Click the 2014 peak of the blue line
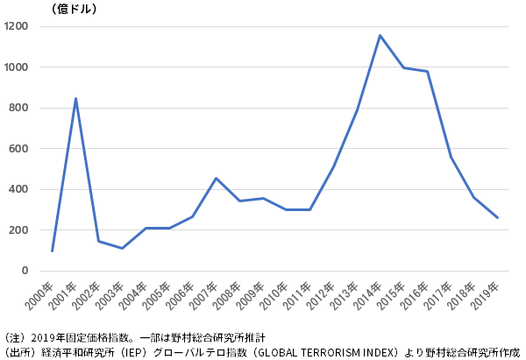(x=380, y=35)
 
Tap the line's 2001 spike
(x=75, y=98)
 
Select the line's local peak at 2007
(x=216, y=178)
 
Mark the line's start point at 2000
(x=53, y=251)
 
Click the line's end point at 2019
(x=497, y=217)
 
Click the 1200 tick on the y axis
(x=17, y=26)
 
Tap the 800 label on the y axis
(x=19, y=108)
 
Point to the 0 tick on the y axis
(x=25, y=271)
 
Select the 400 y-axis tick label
(x=19, y=189)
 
